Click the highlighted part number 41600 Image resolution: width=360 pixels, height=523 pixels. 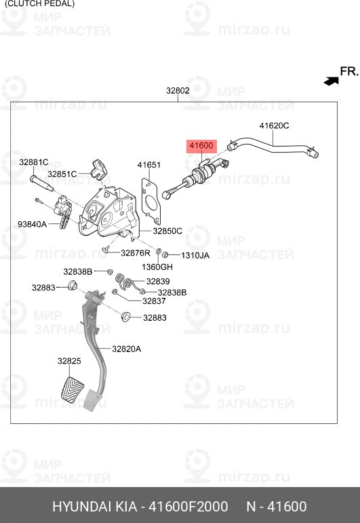[x=201, y=145]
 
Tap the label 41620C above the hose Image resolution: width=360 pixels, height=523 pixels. [x=274, y=125]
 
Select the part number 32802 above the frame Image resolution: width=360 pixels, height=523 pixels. [x=178, y=90]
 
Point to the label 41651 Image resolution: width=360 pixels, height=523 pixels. [x=149, y=165]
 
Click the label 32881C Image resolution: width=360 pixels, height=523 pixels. [x=34, y=162]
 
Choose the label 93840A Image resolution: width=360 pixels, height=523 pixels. [x=32, y=224]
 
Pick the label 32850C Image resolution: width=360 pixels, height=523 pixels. [x=167, y=231]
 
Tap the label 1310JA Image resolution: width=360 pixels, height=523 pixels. [x=195, y=256]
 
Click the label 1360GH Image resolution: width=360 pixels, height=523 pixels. [x=157, y=267]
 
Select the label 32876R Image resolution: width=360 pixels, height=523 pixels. [x=136, y=253]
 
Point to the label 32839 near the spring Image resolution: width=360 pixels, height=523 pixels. [x=158, y=282]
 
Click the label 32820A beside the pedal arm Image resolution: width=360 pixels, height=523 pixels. [x=126, y=349]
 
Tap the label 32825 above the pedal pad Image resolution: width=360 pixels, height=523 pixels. [x=69, y=361]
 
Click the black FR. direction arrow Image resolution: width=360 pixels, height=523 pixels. [x=331, y=81]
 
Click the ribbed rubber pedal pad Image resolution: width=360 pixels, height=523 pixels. [x=73, y=390]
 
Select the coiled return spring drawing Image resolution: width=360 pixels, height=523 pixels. [x=126, y=282]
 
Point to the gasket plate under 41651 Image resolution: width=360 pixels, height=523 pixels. [x=151, y=201]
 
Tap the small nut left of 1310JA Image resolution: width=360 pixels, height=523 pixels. [x=164, y=255]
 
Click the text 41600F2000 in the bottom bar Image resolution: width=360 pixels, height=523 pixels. [x=188, y=506]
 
